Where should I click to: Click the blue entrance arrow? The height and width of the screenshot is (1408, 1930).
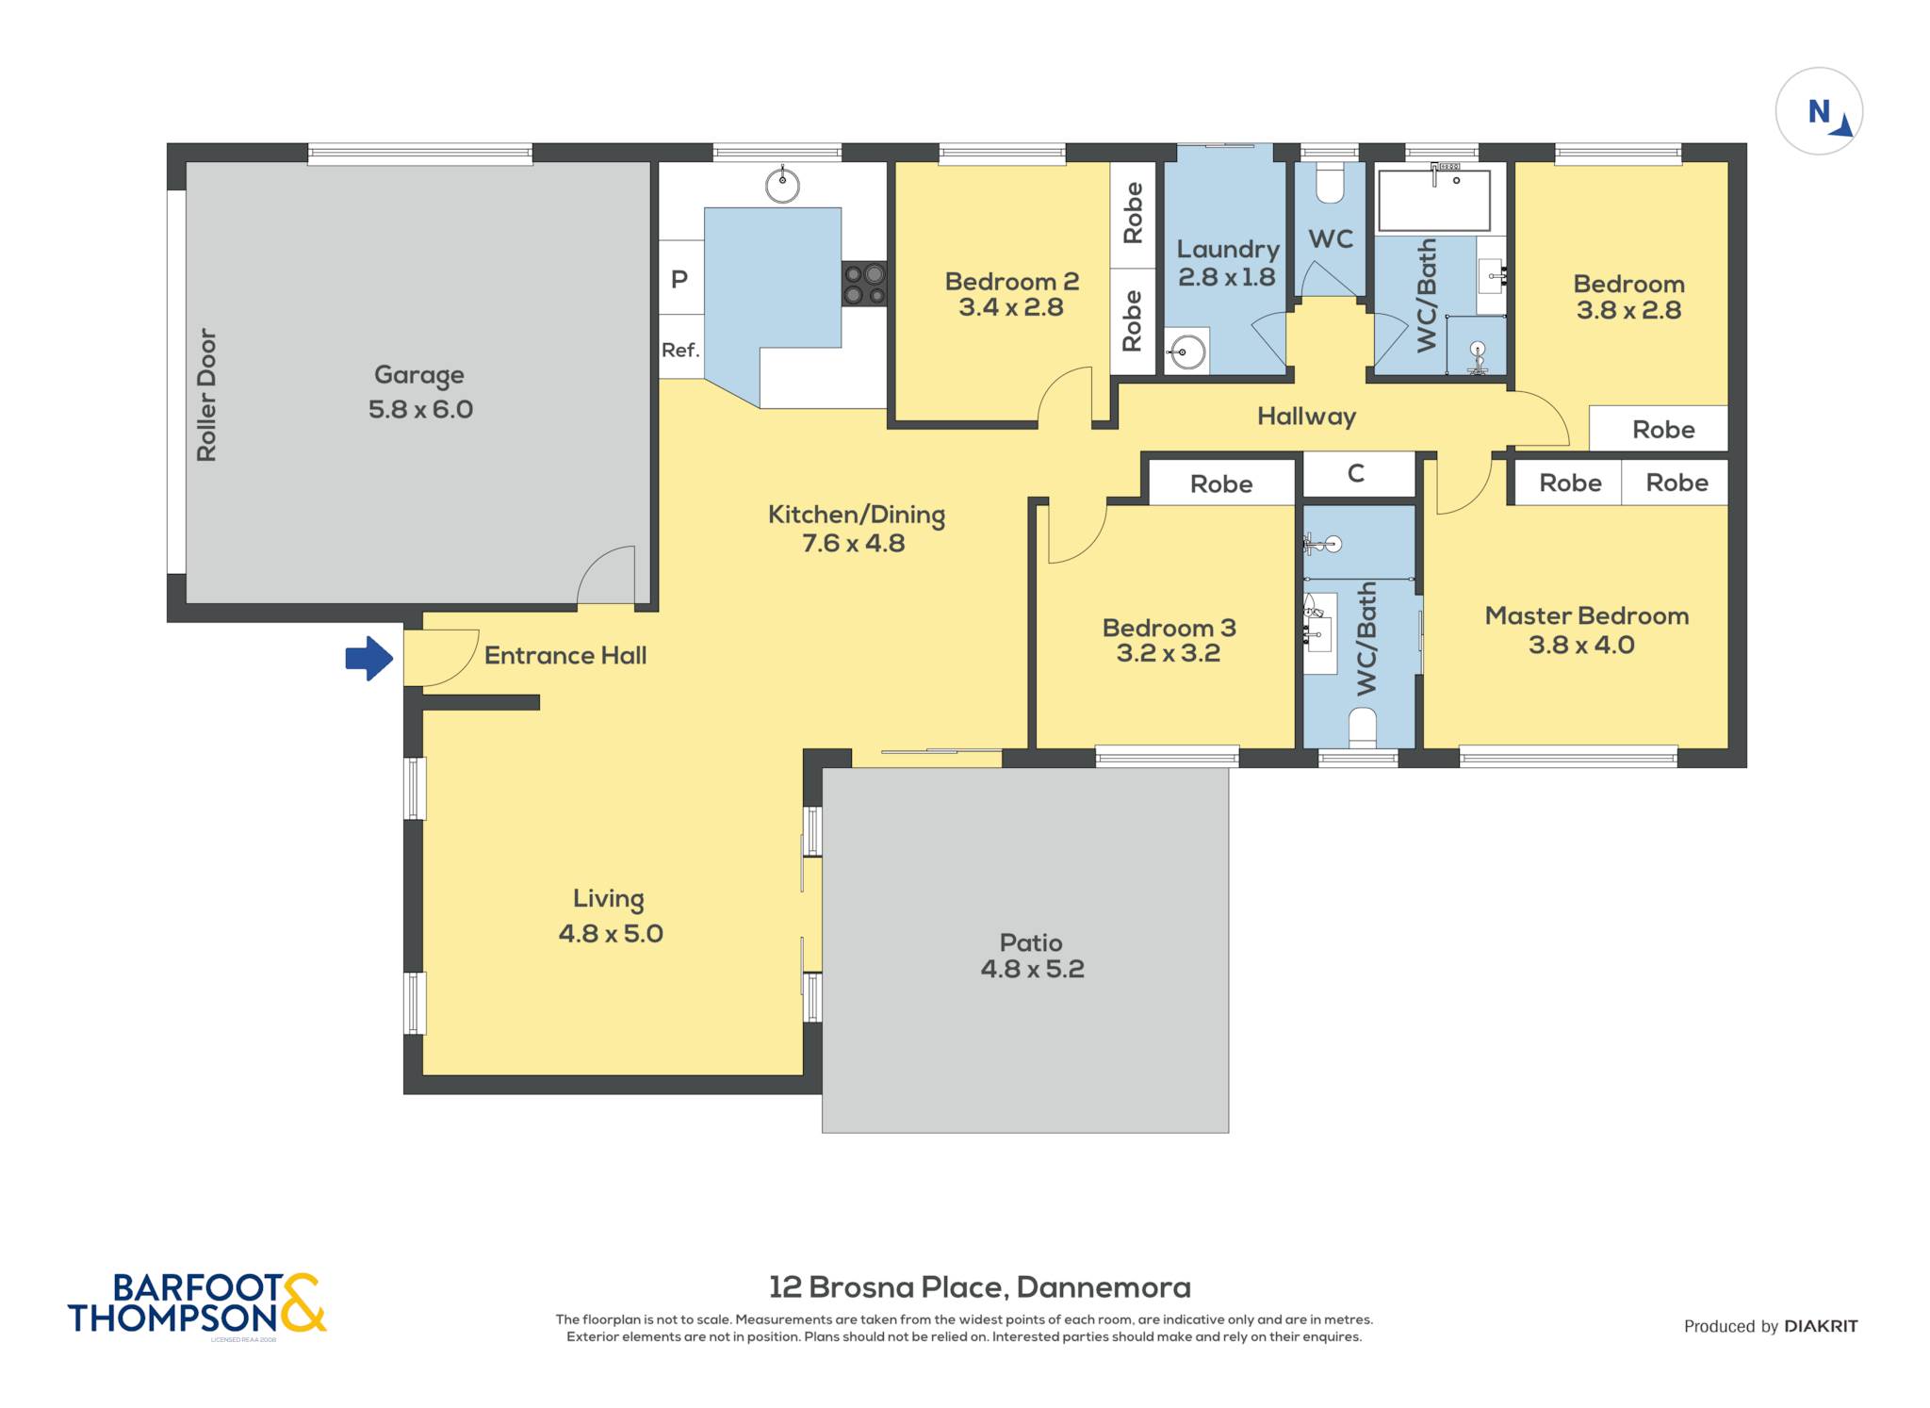coord(369,658)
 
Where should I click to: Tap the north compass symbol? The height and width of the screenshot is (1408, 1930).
coord(1819,111)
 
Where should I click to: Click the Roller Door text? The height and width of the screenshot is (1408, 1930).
coord(206,395)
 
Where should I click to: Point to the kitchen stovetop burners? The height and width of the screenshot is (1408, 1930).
coord(864,284)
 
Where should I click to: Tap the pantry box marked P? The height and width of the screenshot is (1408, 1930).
coord(680,278)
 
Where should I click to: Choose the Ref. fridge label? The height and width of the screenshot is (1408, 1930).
coord(680,350)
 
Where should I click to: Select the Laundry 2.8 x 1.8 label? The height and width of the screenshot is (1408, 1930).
coord(1228,263)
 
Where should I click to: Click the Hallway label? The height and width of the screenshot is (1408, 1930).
coord(1306,417)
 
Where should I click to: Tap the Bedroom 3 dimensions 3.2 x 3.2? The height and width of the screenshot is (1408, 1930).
coord(1168,653)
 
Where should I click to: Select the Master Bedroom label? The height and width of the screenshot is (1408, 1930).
coord(1587,616)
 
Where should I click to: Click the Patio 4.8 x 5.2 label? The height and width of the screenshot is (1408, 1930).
coord(1032,956)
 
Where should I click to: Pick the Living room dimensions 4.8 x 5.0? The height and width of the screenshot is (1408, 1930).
coord(611,934)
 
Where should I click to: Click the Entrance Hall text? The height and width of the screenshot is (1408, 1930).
coord(565,656)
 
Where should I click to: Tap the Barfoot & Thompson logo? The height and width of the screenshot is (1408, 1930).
coord(197,1304)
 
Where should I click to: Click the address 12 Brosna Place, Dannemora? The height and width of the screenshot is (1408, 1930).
coord(980,1287)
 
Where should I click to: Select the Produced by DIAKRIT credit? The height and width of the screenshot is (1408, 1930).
coord(1771,1326)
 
